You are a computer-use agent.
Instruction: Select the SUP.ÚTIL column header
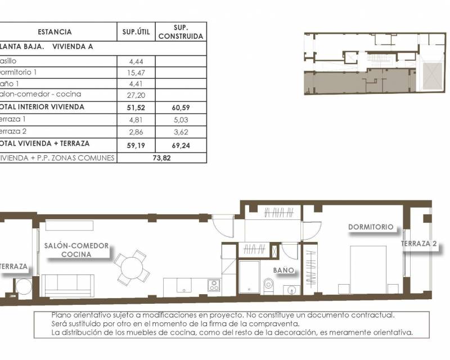pyautogui.click(x=136, y=32)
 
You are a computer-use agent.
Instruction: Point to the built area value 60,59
pyautogui.click(x=181, y=107)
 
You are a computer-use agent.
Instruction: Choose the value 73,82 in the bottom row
pyautogui.click(x=161, y=158)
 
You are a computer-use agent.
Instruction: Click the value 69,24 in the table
pyautogui.click(x=181, y=143)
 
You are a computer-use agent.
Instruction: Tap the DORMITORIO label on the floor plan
pyautogui.click(x=370, y=227)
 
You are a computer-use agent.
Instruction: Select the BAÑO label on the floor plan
pyautogui.click(x=284, y=270)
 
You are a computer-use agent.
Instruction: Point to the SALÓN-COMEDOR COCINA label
pyautogui.click(x=76, y=250)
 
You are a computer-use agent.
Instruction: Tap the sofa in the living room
pyautogui.click(x=68, y=284)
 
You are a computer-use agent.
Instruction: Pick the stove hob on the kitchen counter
pyautogui.click(x=214, y=285)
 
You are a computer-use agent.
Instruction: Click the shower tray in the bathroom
pyautogui.click(x=249, y=277)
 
